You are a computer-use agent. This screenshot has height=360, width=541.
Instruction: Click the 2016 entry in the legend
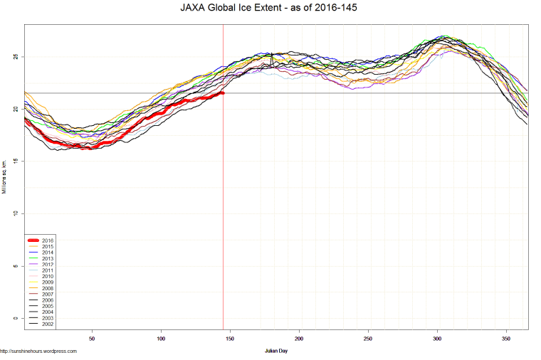coord(48,240)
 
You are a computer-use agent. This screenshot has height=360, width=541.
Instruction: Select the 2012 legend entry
coord(48,265)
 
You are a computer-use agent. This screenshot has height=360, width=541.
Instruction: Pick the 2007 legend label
coord(48,295)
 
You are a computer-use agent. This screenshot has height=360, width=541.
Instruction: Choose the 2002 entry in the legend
coord(48,324)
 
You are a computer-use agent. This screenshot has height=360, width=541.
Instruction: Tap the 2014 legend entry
coord(48,253)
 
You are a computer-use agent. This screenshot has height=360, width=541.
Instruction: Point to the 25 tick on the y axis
coord(15,57)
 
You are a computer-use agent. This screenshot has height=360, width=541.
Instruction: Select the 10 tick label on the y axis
coord(15,213)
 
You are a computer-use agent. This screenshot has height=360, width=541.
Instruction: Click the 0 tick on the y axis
coord(15,318)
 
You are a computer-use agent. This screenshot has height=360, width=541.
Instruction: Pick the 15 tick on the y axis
coord(15,162)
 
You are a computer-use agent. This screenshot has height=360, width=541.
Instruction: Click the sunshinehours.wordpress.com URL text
coord(38,351)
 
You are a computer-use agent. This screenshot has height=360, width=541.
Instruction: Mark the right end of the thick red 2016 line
coord(223,92)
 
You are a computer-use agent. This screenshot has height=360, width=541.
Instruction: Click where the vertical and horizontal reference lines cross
coord(224,93)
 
